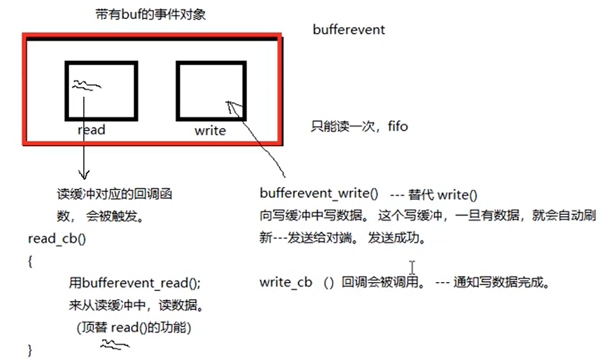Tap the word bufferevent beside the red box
[x=349, y=30]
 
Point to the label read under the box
[x=91, y=130]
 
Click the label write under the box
[x=210, y=131]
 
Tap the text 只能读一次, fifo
[x=359, y=127]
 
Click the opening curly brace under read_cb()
[x=30, y=261]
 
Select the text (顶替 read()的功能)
[x=133, y=328]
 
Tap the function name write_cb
[x=286, y=283]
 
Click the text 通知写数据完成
[x=500, y=283]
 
